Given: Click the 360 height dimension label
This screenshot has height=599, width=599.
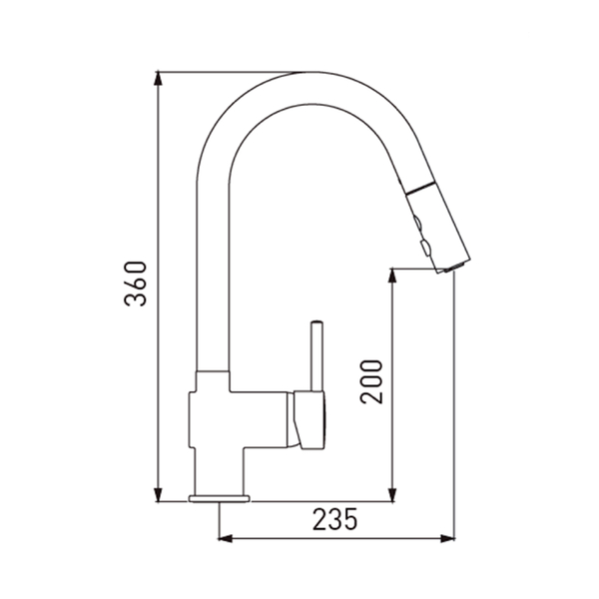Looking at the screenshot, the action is click(x=135, y=284).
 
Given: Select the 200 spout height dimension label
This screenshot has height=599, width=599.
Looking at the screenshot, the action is click(x=371, y=381).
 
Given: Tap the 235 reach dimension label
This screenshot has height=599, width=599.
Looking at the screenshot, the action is click(x=335, y=519).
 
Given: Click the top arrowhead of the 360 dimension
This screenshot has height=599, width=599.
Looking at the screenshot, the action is click(x=158, y=79).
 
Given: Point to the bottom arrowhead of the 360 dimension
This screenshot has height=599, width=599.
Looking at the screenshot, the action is click(x=158, y=495).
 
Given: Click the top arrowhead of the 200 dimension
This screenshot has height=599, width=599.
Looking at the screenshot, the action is click(x=392, y=276).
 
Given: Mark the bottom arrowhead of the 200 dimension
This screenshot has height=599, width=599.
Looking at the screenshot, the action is click(x=392, y=495).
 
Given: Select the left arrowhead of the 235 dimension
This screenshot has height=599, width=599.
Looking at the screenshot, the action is click(x=226, y=539).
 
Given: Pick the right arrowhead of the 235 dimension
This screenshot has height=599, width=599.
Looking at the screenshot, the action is click(x=447, y=539).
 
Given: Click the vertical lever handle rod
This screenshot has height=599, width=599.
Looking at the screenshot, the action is click(x=317, y=356).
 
